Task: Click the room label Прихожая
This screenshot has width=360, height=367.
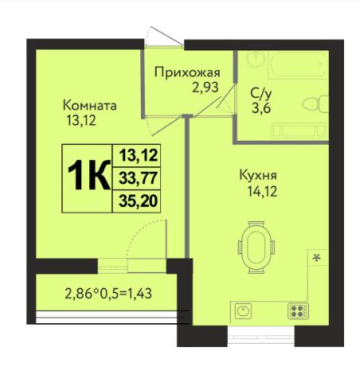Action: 187,72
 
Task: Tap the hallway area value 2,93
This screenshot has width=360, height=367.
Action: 205,88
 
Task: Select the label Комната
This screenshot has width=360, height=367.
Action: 90,106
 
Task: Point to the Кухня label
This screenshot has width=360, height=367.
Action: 258,175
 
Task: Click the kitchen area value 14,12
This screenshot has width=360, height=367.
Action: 262,191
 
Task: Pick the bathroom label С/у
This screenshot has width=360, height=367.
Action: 261,93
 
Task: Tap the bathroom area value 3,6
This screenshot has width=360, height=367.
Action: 261,108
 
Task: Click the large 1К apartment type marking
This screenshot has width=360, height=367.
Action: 89,175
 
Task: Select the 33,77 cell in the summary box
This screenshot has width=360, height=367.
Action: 137,178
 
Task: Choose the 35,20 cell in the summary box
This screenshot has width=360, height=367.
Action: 137,201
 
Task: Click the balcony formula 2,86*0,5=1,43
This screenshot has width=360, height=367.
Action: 108,294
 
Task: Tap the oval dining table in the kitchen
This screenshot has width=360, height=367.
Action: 256,248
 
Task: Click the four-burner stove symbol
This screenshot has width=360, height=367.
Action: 298,311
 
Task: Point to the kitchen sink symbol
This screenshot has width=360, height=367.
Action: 243,310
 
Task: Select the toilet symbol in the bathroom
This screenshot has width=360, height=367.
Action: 315,103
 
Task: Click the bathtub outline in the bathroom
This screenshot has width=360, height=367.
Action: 296,64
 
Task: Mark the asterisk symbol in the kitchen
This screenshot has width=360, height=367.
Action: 316,257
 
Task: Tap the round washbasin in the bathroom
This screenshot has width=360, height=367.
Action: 256,59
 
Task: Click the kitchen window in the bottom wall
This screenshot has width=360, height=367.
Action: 261,336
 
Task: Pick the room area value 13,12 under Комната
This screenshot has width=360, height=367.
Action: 81,121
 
